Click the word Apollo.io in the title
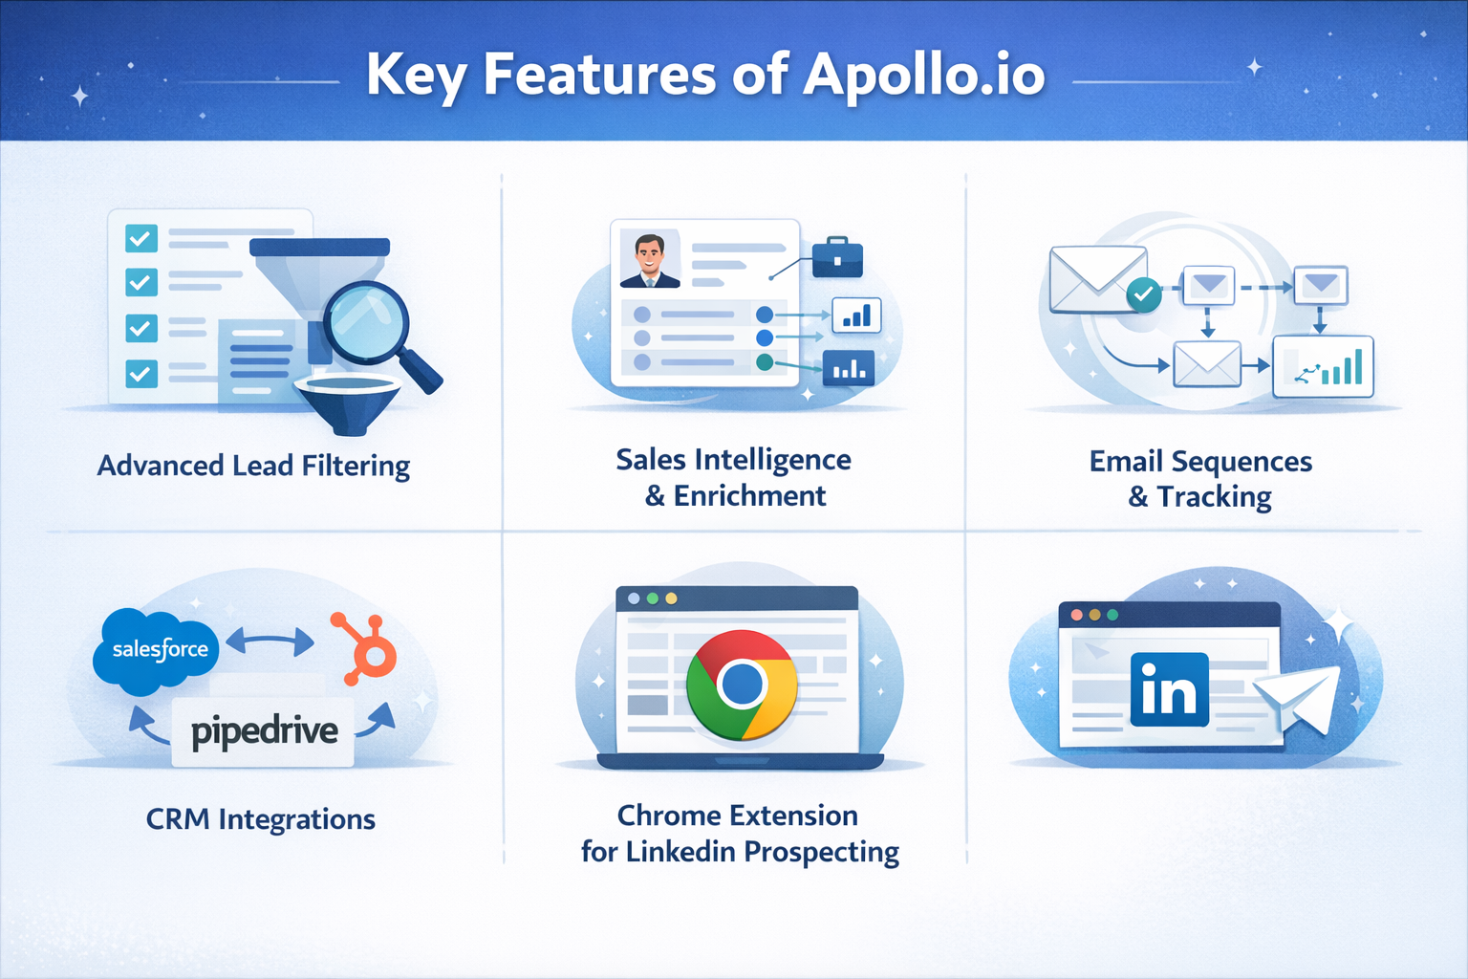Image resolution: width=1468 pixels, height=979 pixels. coord(923,75)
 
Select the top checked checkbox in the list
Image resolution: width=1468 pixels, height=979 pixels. coord(141,237)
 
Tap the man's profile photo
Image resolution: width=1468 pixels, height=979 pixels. coord(650,260)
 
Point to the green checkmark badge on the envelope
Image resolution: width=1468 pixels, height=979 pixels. coord(1143,294)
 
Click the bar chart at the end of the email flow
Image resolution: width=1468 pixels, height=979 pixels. coord(1323,366)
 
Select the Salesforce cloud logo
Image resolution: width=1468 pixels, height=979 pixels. coord(158,650)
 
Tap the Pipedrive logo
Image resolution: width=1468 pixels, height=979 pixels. coord(264,732)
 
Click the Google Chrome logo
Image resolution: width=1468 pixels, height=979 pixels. coord(742,684)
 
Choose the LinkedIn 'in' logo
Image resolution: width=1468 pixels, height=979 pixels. coord(1169,689)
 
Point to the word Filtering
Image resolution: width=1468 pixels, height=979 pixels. coord(356,466)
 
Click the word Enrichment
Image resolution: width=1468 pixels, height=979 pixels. coord(749,496)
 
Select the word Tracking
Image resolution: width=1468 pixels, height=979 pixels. coord(1214,497)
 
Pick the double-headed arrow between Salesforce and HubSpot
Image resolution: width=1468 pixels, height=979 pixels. coord(270,641)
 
